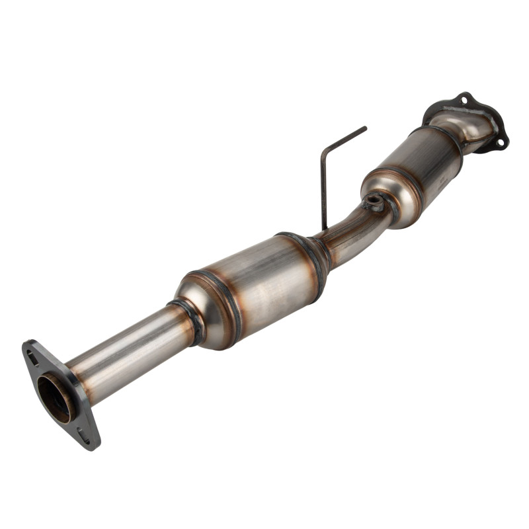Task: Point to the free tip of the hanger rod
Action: (x=364, y=128)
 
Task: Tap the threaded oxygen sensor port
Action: (x=374, y=200)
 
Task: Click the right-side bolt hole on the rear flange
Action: (x=501, y=142)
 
